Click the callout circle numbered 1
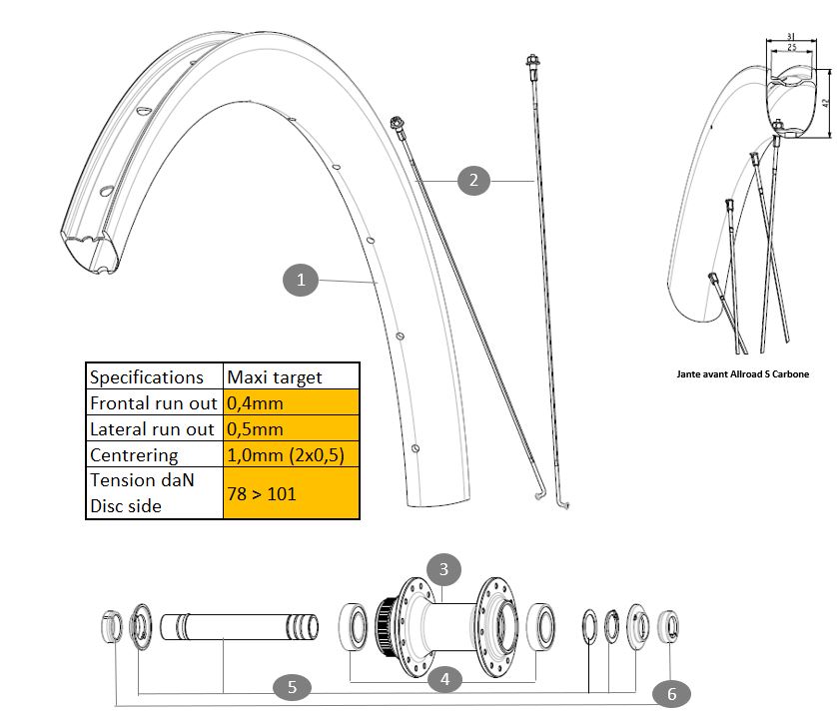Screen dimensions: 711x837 click(301, 280)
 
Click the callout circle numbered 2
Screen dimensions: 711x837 click(473, 180)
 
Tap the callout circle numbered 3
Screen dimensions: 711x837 click(444, 570)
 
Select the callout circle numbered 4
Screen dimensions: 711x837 click(444, 679)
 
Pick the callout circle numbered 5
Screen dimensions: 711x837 click(292, 686)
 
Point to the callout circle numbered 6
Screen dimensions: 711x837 click(670, 692)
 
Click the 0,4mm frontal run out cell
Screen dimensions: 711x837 click(291, 403)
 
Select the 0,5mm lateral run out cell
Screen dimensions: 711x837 click(291, 429)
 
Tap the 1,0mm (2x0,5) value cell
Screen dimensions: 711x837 click(291, 455)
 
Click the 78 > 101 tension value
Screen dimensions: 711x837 click(291, 493)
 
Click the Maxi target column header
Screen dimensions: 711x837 click(291, 376)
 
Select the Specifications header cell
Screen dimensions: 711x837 click(153, 376)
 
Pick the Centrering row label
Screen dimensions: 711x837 click(153, 455)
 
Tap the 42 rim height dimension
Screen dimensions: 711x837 click(825, 103)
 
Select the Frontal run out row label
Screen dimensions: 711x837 click(153, 403)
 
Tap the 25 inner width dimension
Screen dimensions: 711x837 click(790, 46)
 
